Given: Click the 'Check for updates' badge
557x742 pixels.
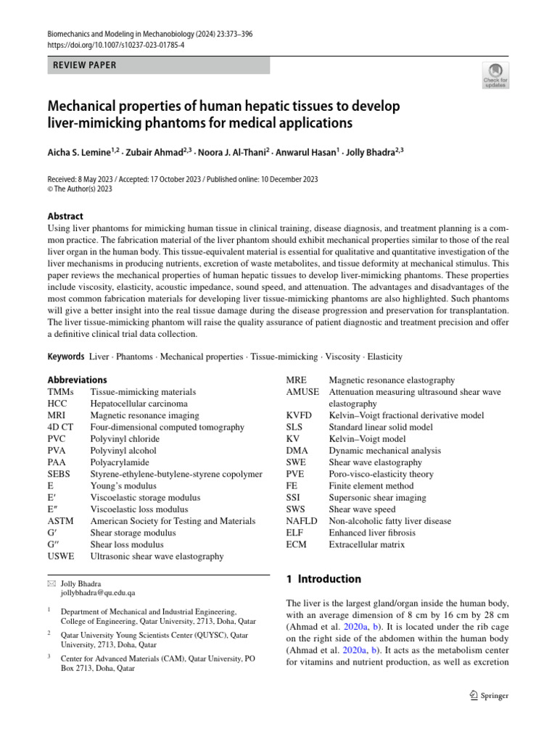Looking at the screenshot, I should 495,75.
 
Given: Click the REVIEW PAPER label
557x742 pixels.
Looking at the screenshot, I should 84,65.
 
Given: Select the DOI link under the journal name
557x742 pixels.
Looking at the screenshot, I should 116,45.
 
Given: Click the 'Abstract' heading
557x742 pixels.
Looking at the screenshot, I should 65,216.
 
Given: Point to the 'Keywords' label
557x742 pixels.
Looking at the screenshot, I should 66,357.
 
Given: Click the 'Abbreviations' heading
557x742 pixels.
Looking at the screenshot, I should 77,380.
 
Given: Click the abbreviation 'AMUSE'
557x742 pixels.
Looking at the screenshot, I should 302,391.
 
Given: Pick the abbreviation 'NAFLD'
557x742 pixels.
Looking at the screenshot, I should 301,520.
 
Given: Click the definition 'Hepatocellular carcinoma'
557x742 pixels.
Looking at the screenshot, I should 139,403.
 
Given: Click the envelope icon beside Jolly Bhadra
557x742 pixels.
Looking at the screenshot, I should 51,583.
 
